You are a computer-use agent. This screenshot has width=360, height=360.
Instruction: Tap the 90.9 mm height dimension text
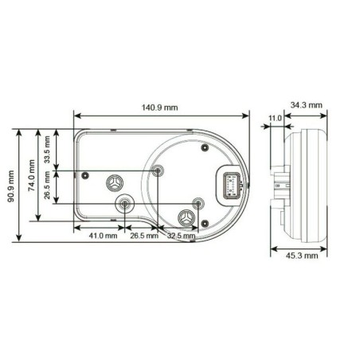[x=10, y=185]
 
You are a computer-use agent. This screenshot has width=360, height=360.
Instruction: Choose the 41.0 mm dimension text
[x=101, y=236]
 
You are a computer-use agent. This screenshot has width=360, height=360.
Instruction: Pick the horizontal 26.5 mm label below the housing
[x=143, y=236]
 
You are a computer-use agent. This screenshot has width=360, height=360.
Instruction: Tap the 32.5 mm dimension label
[x=181, y=236]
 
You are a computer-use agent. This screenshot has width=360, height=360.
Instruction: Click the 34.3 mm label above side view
[x=307, y=105]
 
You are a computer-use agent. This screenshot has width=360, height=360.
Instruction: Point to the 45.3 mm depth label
[x=302, y=256]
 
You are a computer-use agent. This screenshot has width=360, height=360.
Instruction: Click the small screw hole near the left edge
[x=80, y=174]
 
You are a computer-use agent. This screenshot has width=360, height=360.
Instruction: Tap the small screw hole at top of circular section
[x=203, y=147]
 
